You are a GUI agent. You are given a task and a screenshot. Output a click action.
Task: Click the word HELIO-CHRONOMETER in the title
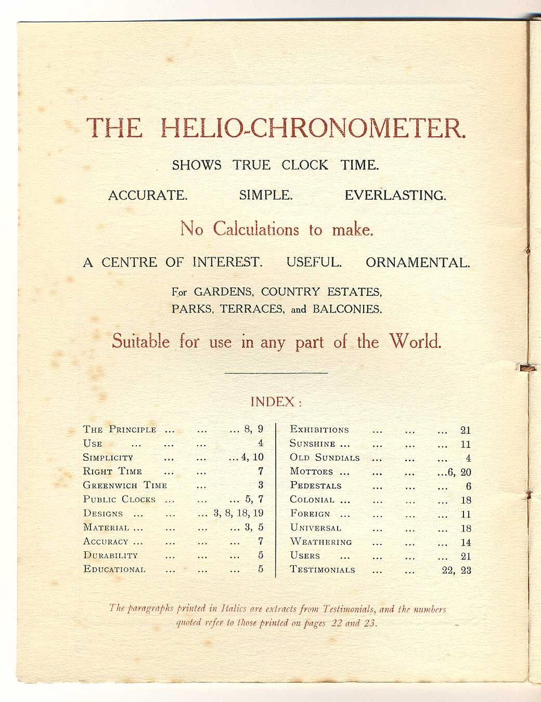coord(312,128)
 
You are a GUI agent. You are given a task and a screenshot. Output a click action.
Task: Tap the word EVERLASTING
coord(395,196)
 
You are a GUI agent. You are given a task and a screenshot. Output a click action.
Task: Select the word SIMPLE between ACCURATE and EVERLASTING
coord(266,196)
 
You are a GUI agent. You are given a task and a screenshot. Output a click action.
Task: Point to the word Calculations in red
coord(255,229)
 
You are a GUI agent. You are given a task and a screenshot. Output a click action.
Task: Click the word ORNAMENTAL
coord(417,263)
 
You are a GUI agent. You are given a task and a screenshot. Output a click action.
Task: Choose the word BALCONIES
coord(347,309)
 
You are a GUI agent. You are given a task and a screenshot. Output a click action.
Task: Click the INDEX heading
coord(276,402)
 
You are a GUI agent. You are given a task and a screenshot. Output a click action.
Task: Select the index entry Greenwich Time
coord(125,485)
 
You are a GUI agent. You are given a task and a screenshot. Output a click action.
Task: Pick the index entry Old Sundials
coord(325,458)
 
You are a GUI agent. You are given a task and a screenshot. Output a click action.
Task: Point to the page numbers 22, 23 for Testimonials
coord(456,570)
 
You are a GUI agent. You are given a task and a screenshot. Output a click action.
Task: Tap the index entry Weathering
coord(320,542)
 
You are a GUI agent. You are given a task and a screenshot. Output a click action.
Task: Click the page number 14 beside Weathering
coord(466,542)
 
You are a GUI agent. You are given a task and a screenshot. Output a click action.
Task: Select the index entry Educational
coord(114,569)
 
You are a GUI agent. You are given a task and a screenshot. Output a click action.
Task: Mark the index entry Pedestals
coord(315,486)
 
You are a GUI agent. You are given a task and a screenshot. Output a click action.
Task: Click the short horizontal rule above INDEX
coord(276,373)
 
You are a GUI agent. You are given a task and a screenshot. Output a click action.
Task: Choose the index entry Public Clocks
coord(119,499)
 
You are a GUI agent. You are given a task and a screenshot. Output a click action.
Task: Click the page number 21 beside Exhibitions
coord(466,430)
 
